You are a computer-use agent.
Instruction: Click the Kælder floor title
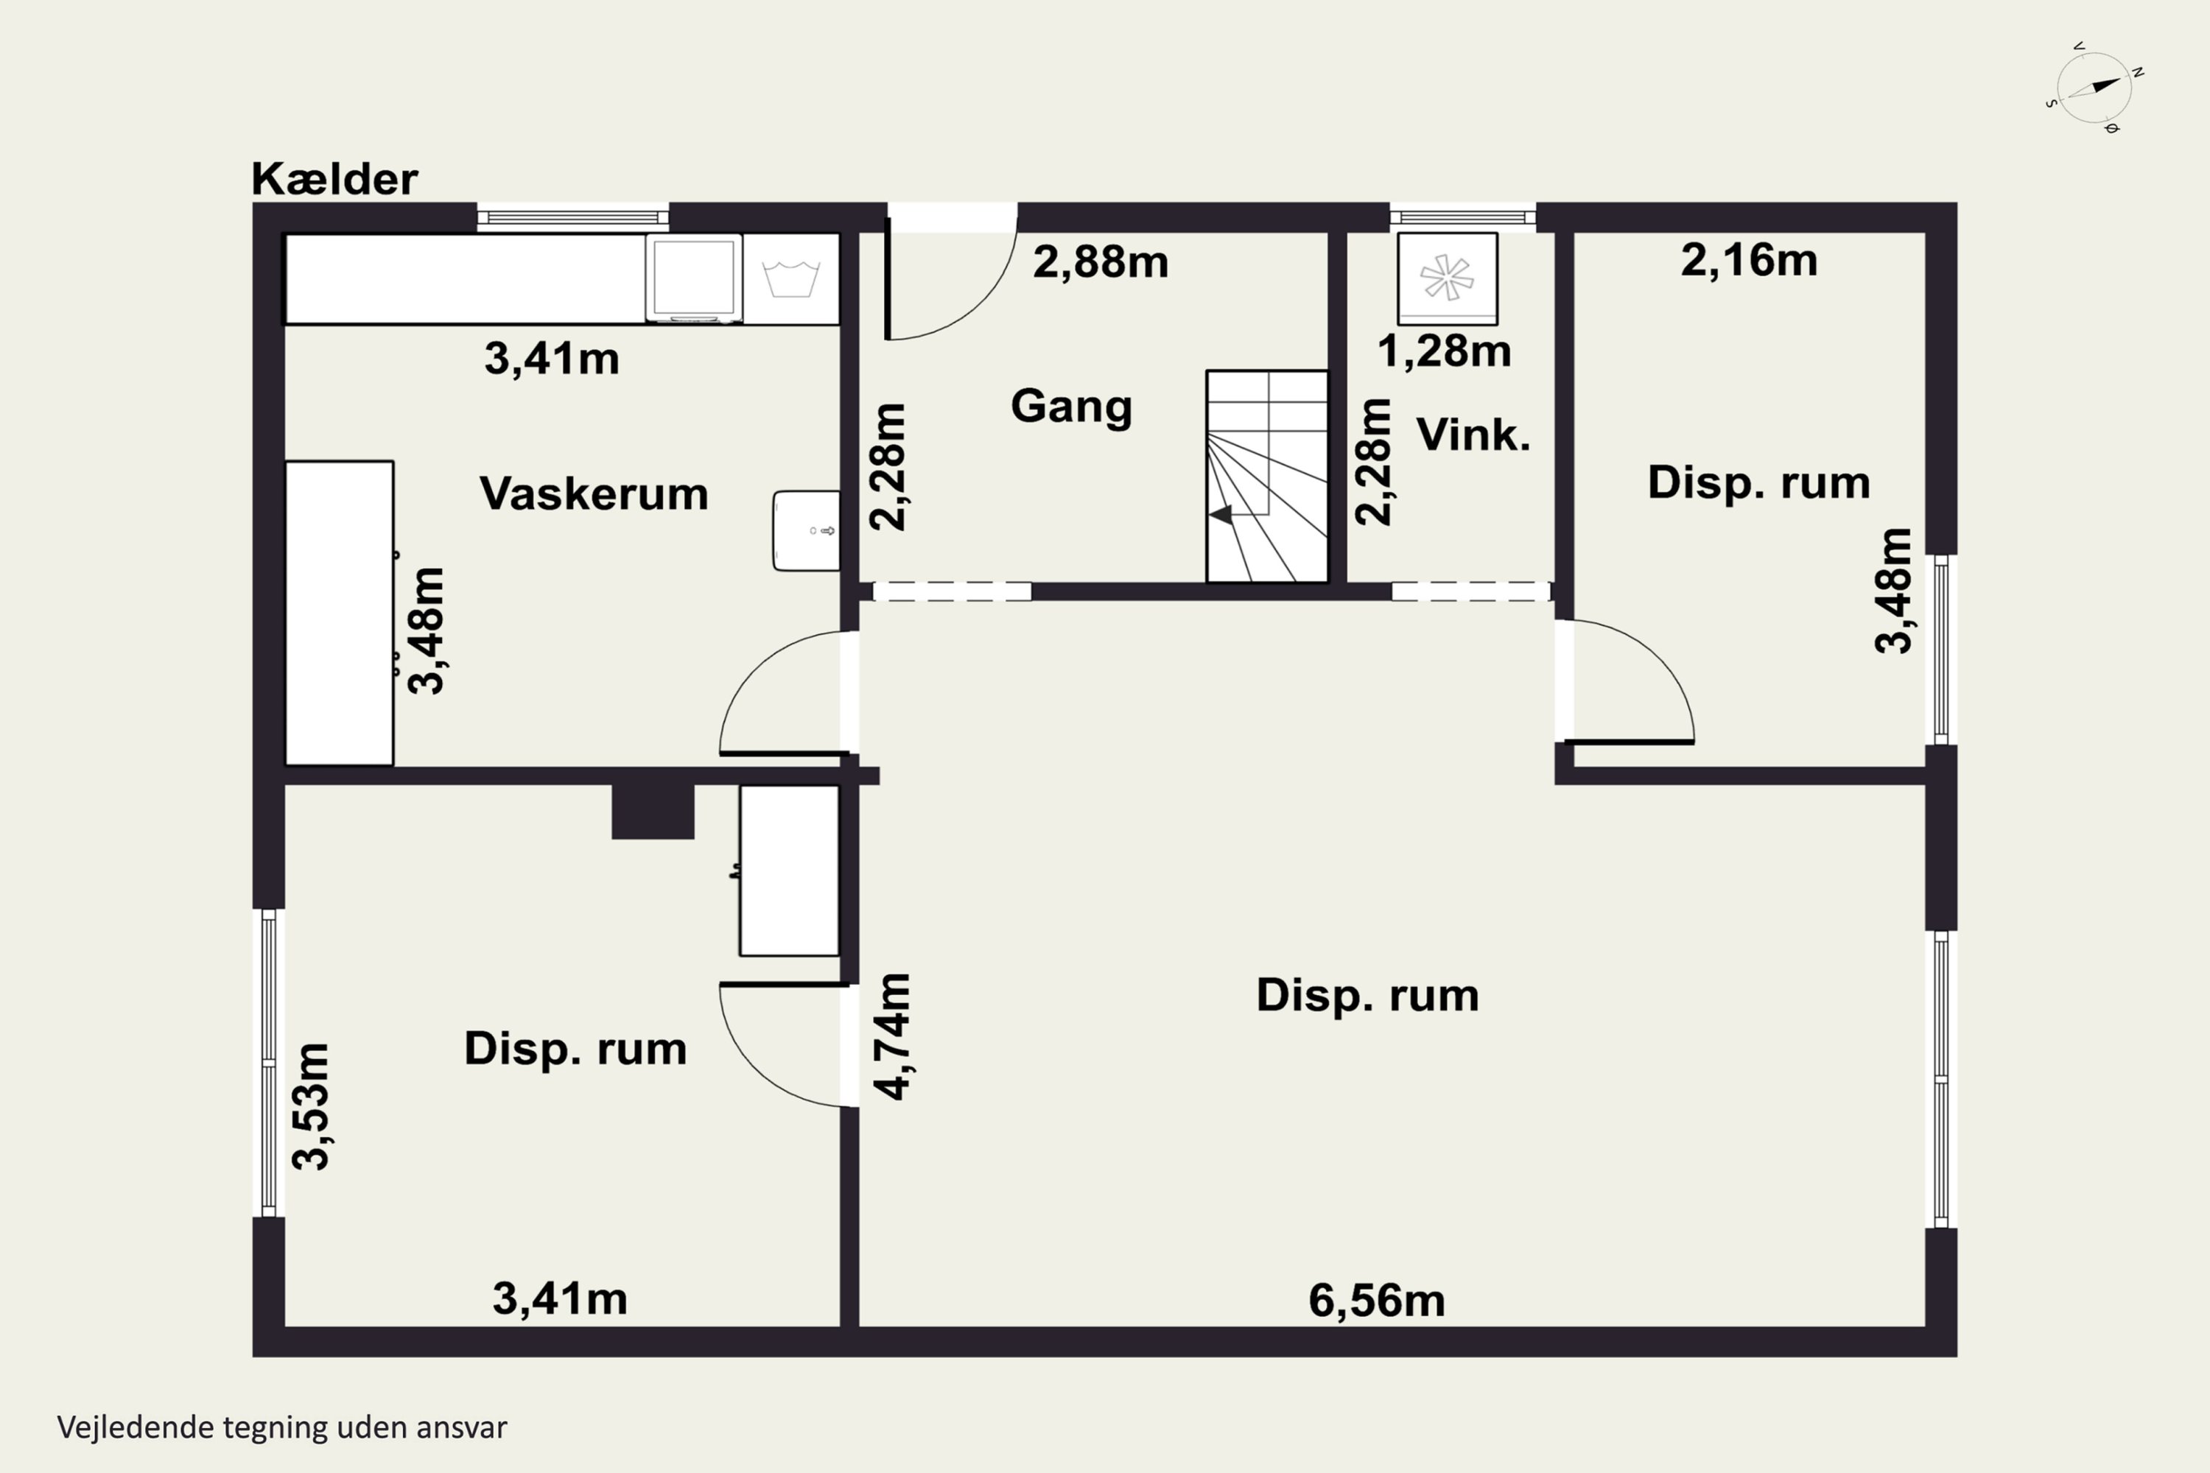pyautogui.click(x=334, y=178)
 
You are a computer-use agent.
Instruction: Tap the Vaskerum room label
pyautogui.click(x=594, y=493)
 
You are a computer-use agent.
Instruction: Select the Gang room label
pyautogui.click(x=1071, y=407)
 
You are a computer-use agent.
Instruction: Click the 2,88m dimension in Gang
pyautogui.click(x=1101, y=262)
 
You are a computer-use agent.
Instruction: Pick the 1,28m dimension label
pyautogui.click(x=1444, y=351)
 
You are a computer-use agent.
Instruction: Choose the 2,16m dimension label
pyautogui.click(x=1749, y=260)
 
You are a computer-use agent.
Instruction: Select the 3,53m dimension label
pyautogui.click(x=311, y=1105)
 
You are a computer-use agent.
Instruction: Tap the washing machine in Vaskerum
pyautogui.click(x=693, y=278)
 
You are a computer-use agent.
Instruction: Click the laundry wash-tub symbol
pyautogui.click(x=791, y=278)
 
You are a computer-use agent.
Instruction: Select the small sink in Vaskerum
pyautogui.click(x=806, y=531)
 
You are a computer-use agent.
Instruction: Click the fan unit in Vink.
pyautogui.click(x=1447, y=278)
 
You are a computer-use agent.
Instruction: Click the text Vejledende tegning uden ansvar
pyautogui.click(x=282, y=1428)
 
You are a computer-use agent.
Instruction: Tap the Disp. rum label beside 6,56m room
pyautogui.click(x=1367, y=996)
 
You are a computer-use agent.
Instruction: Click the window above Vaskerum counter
pyautogui.click(x=573, y=218)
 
